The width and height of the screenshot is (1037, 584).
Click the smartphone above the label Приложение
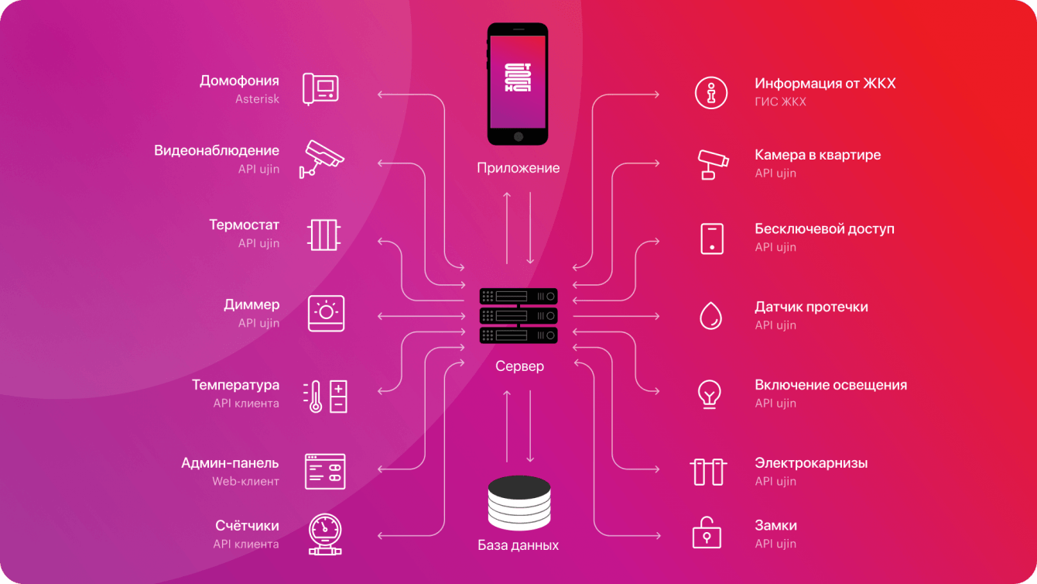pos(518,84)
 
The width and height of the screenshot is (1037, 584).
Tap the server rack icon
pos(518,316)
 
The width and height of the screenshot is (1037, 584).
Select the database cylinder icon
pos(518,503)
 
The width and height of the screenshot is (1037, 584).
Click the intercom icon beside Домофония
pos(320,88)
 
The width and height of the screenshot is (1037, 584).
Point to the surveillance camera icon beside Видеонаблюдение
pos(321,158)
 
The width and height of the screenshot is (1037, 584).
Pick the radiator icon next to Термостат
pos(324,234)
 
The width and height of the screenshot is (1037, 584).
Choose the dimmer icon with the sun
pos(326,313)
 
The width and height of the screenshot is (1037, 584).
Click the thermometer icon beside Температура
pos(325,396)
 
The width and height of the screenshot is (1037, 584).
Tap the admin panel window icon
pos(325,471)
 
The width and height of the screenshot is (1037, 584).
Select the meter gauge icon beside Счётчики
pos(325,534)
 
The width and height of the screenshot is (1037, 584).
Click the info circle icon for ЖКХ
pos(710,93)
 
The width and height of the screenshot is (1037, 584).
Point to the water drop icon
pos(710,315)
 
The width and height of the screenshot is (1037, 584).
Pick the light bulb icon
pos(710,393)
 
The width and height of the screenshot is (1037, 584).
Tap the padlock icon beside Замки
pos(707,533)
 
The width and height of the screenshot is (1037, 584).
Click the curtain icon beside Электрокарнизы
pos(707,471)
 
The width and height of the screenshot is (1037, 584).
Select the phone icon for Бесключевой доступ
pos(712,238)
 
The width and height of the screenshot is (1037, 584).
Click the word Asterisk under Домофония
pos(257,99)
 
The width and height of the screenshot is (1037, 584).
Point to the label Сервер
pos(519,366)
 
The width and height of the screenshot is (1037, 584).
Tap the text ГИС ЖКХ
pos(780,101)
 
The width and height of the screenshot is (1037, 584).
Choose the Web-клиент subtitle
pos(245,481)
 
